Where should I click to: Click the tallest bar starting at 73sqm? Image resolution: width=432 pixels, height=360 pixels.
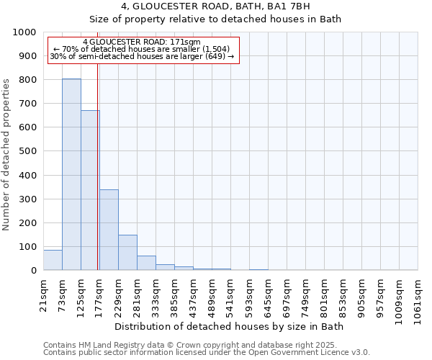pos(71,174)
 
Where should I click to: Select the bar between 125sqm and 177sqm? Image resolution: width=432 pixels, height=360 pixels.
pos(90,190)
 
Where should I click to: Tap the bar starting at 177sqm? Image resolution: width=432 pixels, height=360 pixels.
pos(109,230)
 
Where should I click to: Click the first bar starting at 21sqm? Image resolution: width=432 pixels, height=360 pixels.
pos(53,260)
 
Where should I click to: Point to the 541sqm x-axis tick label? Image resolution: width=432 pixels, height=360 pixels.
pos(231,295)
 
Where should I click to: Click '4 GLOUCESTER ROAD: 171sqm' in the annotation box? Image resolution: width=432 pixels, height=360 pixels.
pos(142,42)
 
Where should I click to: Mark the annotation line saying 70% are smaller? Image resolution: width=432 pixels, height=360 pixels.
pos(142,49)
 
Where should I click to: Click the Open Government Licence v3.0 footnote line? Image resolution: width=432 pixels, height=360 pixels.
pos(207,353)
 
